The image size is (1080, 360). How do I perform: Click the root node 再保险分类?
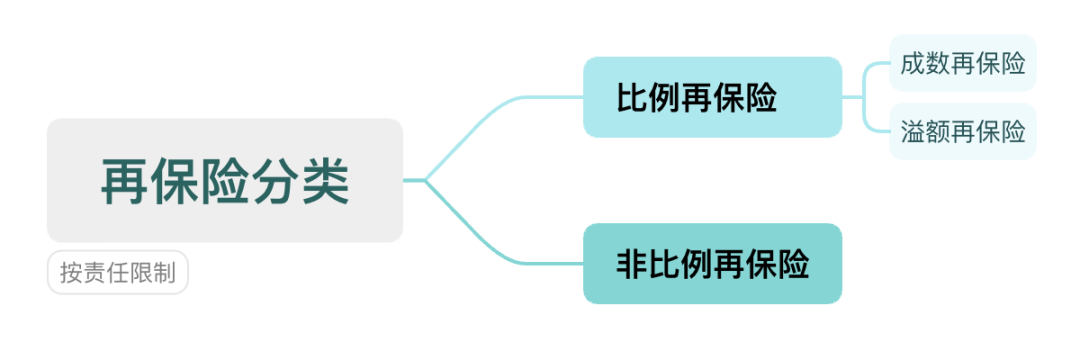point(224,180)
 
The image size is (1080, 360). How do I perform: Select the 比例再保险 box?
point(712,97)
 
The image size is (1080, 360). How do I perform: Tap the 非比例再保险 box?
point(712,264)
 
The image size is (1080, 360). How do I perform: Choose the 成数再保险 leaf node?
point(963,64)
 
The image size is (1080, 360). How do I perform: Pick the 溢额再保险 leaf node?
point(963,131)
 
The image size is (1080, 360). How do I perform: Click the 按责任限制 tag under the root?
point(118,272)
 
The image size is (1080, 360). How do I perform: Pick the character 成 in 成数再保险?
point(913,64)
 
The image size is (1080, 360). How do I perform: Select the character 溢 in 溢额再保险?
point(913,131)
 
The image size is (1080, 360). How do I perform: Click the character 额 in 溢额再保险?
point(938,131)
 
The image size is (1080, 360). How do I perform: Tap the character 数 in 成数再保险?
point(938,64)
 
